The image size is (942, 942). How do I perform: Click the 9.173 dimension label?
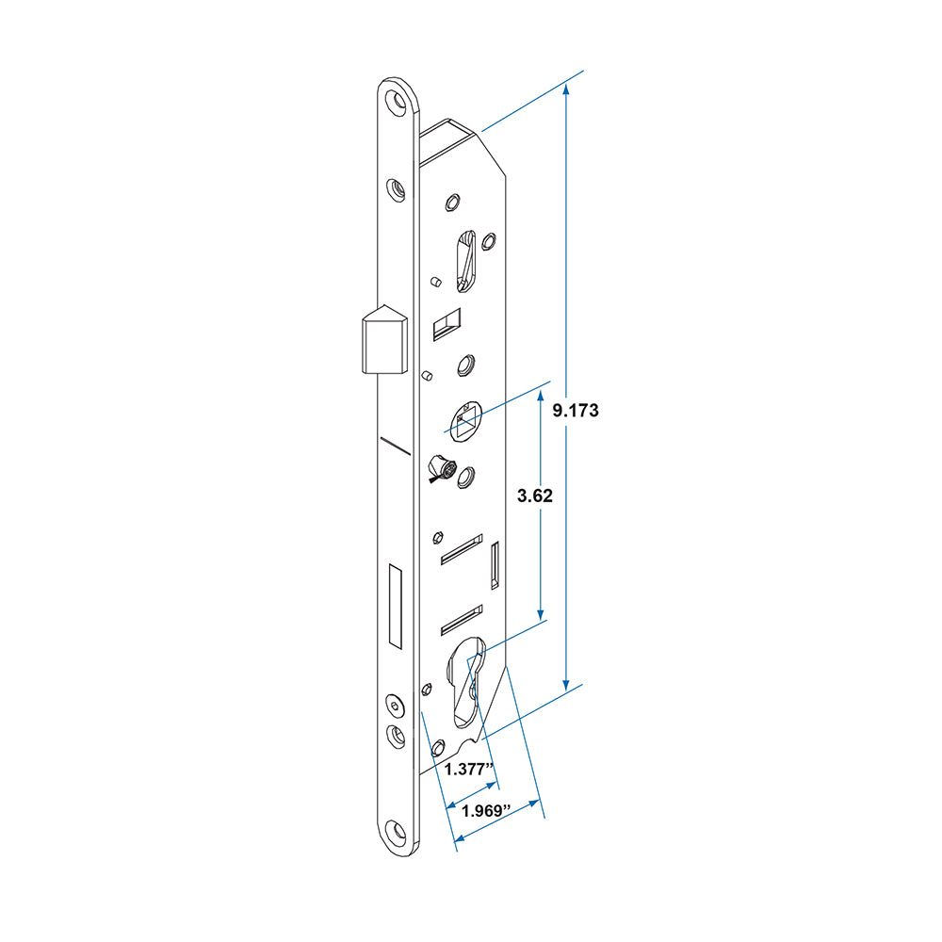[x=576, y=411]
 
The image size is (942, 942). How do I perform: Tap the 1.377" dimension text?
[x=468, y=770]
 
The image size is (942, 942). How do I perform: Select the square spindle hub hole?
[x=464, y=420]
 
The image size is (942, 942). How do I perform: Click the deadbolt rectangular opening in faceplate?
[x=395, y=608]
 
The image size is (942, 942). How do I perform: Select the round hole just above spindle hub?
[x=465, y=365]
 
